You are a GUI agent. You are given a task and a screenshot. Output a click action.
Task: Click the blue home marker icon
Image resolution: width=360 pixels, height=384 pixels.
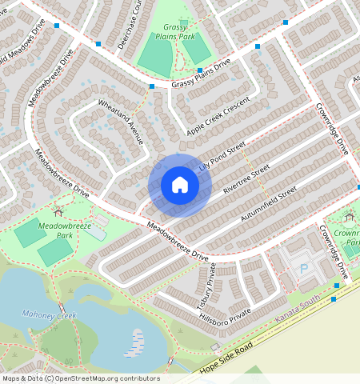click(180, 186)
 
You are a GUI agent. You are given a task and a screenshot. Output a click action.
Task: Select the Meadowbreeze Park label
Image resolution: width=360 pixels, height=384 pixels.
click(59, 231)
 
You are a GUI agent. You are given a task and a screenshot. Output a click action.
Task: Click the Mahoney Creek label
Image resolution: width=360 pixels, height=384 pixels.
click(49, 315)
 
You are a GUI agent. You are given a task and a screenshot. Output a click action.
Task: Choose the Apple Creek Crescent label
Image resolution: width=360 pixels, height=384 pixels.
click(218, 116)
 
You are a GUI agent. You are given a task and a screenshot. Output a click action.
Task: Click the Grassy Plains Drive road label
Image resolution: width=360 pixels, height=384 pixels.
click(200, 73)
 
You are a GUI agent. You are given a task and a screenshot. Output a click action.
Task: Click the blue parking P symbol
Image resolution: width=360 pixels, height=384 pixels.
click(303, 269)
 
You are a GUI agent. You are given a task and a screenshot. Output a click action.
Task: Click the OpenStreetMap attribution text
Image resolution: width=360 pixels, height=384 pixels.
click(80, 378)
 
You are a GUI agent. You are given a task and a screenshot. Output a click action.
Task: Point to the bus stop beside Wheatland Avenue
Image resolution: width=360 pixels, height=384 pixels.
click(151, 86)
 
